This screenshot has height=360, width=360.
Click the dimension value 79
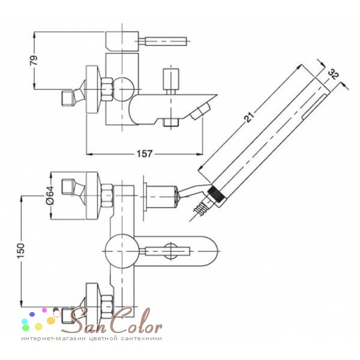34,61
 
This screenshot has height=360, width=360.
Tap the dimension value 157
145,154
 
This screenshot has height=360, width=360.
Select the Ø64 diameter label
50,195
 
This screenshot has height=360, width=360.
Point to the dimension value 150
21,250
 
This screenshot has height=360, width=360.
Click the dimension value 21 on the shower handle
250,117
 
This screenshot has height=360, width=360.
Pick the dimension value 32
334,74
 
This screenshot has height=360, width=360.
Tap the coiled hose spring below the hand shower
200,209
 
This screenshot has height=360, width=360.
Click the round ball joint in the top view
123,89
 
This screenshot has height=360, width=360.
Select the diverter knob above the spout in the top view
170,79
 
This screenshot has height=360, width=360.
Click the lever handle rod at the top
163,41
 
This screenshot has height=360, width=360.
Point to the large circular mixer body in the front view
122,251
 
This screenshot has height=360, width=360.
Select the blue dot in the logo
32,314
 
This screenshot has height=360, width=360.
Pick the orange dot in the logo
51,320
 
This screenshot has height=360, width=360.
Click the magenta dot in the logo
44,310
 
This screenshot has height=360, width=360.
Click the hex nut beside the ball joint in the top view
107,89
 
